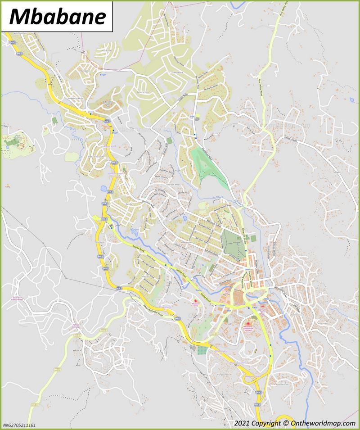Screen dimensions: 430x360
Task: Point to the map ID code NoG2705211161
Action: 19,425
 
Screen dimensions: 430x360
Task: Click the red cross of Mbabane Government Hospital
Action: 248,324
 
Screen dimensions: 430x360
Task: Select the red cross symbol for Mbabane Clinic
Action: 195,301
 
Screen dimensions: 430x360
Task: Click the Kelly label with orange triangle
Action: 7,185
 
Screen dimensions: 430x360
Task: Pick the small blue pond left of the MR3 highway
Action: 104,189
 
